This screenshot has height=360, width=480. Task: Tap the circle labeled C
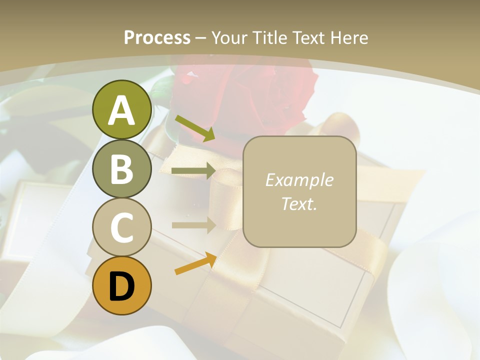click(x=121, y=227)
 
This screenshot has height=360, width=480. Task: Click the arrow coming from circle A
click(x=195, y=128)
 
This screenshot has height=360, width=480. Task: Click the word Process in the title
click(x=157, y=37)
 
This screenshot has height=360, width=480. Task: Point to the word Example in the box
click(x=299, y=180)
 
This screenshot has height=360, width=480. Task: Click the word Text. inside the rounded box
click(x=299, y=204)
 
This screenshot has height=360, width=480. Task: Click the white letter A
click(x=121, y=111)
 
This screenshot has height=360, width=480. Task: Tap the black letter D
click(x=121, y=286)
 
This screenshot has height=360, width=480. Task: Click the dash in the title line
click(x=200, y=38)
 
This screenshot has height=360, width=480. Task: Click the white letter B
click(x=121, y=169)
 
